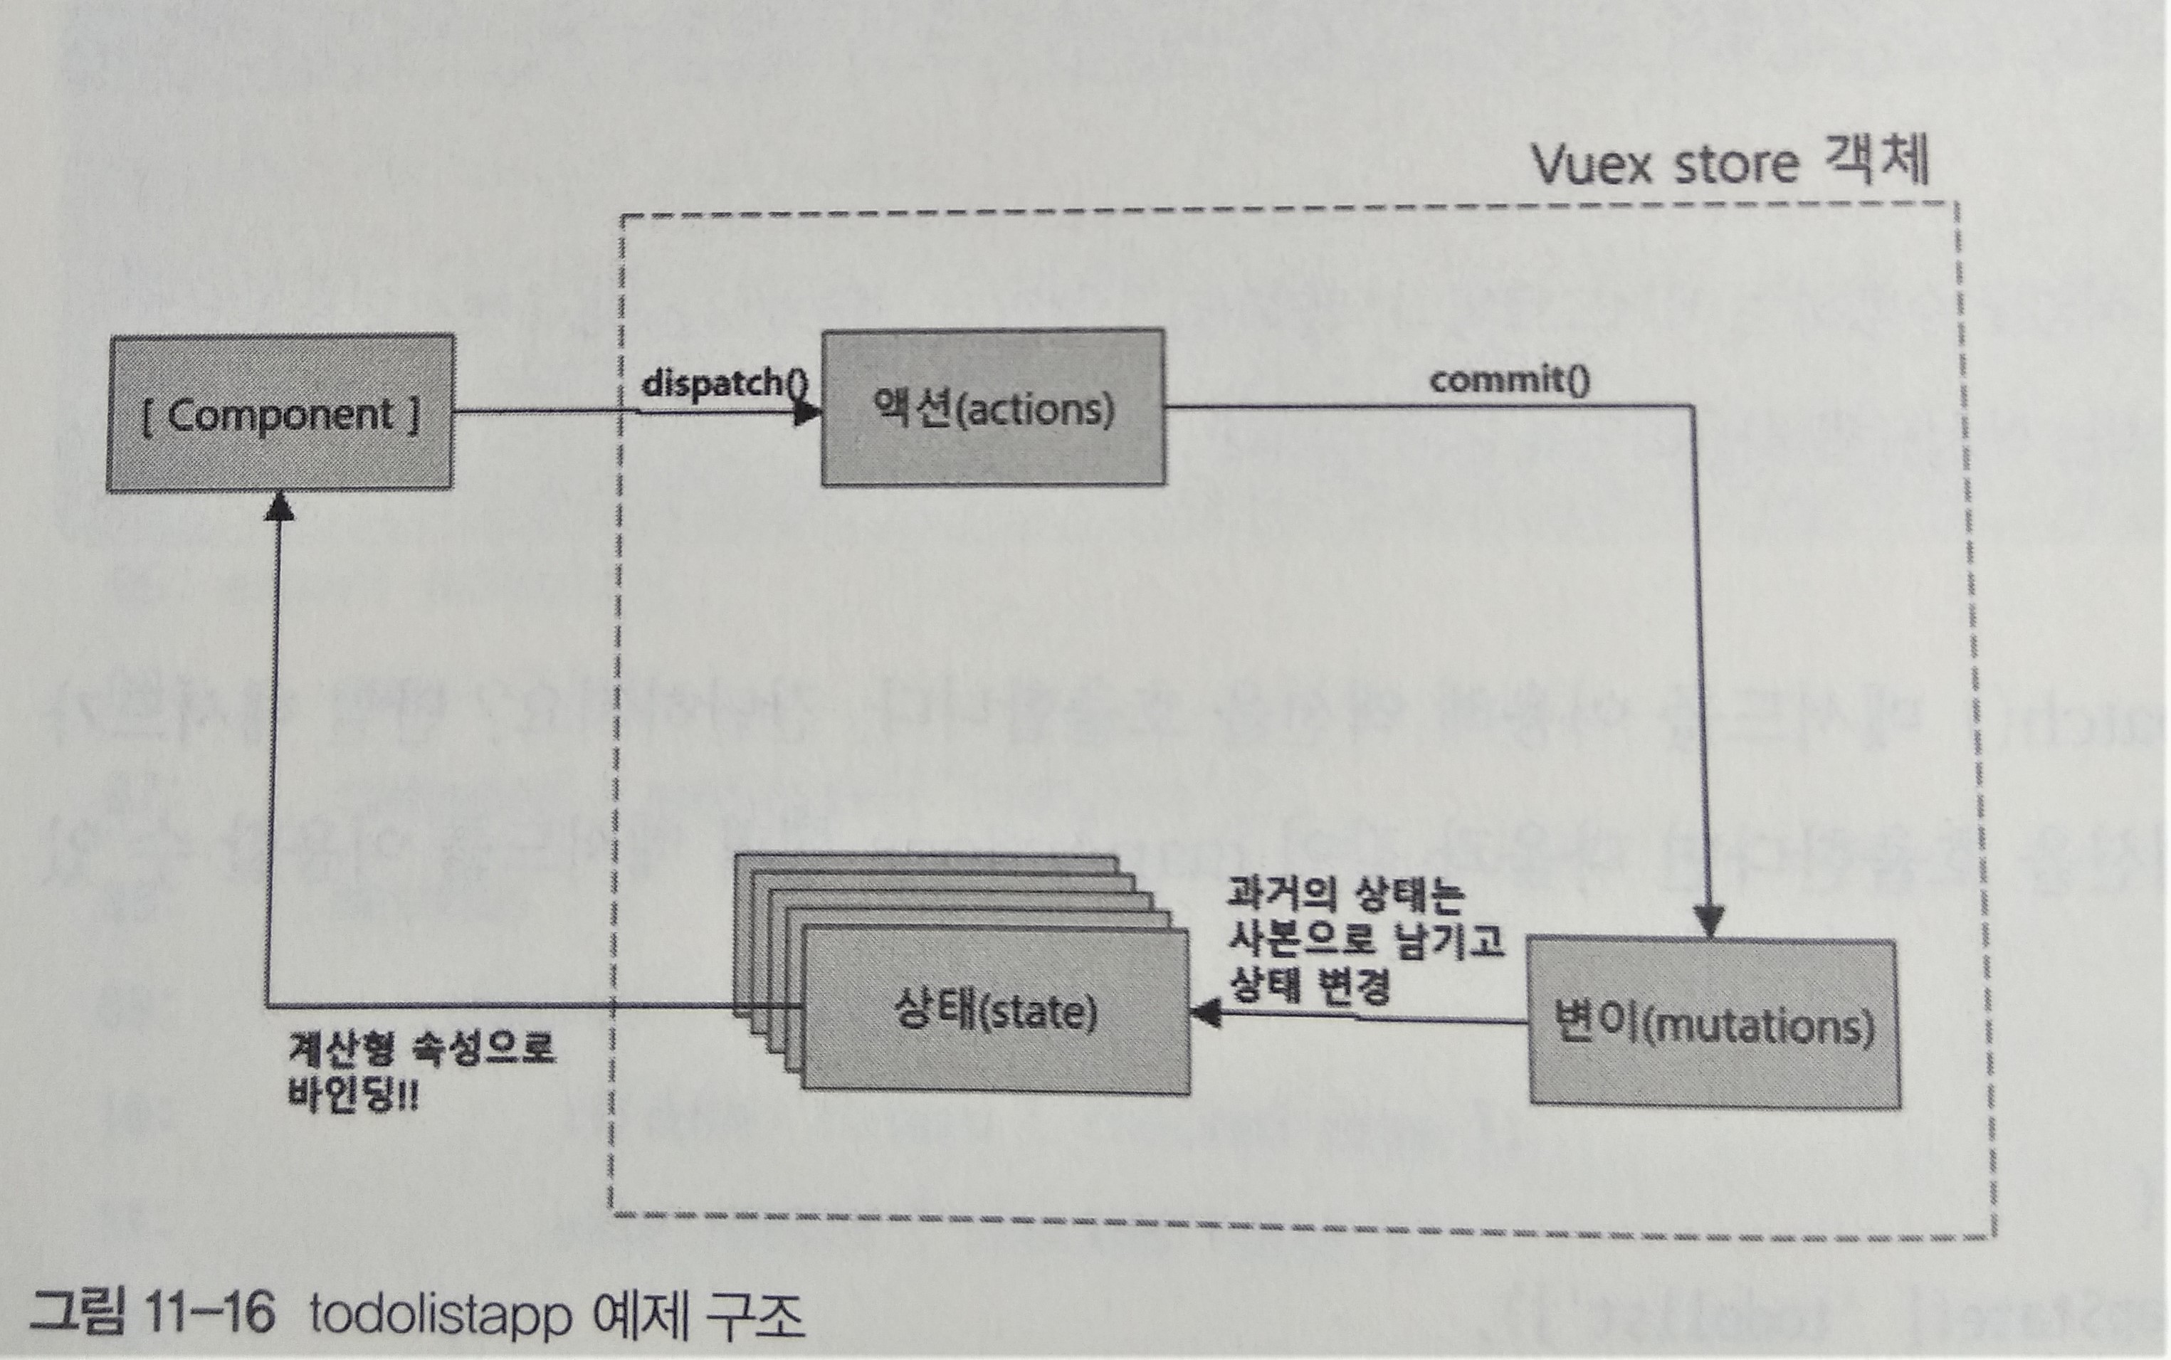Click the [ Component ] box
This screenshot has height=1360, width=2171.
tap(280, 413)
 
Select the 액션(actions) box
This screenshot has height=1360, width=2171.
tap(993, 408)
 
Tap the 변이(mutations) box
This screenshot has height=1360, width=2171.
tap(1715, 1023)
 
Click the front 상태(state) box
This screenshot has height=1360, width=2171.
tap(995, 1011)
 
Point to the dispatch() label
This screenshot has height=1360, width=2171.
tap(725, 383)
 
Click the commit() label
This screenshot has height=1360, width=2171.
tap(1510, 379)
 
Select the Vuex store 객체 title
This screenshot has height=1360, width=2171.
tap(1729, 164)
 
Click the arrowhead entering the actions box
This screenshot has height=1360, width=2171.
tap(809, 413)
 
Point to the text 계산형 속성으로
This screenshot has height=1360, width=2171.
tap(421, 1048)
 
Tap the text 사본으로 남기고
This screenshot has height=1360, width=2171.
tap(1365, 941)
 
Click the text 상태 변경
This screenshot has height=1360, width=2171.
tap(1308, 986)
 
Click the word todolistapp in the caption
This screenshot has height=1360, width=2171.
tap(441, 1316)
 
